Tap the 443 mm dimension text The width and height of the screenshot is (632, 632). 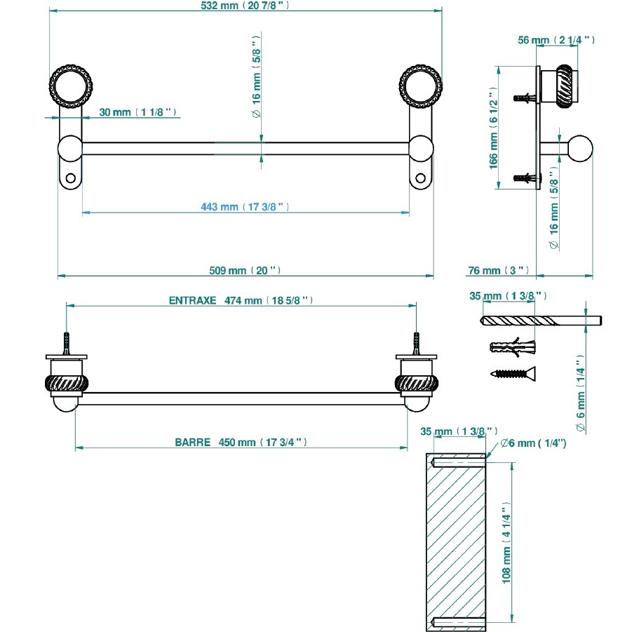[x=245, y=206]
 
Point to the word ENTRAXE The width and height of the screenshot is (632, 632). [x=191, y=300]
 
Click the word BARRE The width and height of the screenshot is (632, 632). [x=194, y=443]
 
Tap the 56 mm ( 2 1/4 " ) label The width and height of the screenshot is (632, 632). [x=556, y=40]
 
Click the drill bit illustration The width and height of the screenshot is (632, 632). [x=540, y=321]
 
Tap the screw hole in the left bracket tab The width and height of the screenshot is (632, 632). [x=71, y=177]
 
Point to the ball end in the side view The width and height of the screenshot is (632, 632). [x=581, y=149]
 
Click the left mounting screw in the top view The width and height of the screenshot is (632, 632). [x=67, y=344]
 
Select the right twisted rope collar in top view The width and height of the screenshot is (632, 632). [x=417, y=384]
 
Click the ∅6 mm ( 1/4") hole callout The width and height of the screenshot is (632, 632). [x=533, y=443]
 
